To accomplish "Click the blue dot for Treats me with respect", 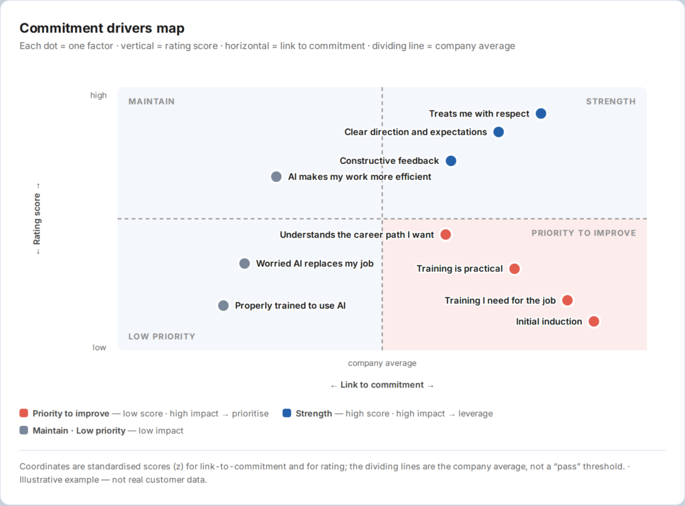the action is point(541,114).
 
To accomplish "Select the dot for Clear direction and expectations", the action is point(498,132).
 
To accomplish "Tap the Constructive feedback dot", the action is point(451,161).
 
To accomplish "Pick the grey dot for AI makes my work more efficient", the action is point(276,177).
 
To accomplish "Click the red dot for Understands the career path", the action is point(446,235).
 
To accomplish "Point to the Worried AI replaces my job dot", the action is point(245,264).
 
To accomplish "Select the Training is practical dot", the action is point(514,269).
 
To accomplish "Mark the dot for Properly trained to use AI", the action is point(223,305).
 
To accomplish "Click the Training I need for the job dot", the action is point(567,301).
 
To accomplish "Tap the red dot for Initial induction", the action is point(594,321).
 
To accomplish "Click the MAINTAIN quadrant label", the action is point(151,101).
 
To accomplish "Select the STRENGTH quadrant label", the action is point(611,101).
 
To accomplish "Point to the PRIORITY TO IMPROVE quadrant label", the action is point(583,233).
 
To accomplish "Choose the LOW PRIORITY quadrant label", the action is point(162,337).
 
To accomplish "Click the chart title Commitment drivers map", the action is point(102,28).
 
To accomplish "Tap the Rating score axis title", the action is point(37,219).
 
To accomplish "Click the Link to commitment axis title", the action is point(382,385).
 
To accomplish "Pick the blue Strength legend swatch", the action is point(286,413).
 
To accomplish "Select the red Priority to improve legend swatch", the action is point(23,413).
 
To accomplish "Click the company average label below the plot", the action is point(382,363).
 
